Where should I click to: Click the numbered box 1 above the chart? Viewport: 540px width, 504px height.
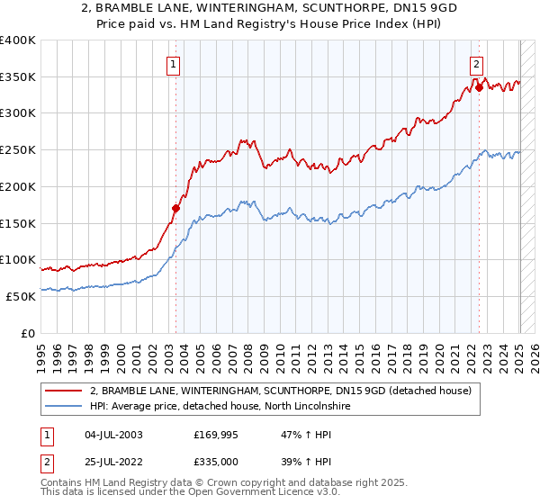pyautogui.click(x=172, y=63)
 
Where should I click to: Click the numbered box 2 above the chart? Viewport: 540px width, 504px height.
pyautogui.click(x=476, y=63)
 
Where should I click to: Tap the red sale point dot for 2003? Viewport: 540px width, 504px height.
pyautogui.click(x=175, y=208)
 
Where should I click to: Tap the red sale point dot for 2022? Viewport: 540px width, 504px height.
pyautogui.click(x=479, y=87)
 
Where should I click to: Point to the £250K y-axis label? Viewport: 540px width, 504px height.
pyautogui.click(x=18, y=149)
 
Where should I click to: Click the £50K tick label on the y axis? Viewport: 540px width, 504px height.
pyautogui.click(x=21, y=295)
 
